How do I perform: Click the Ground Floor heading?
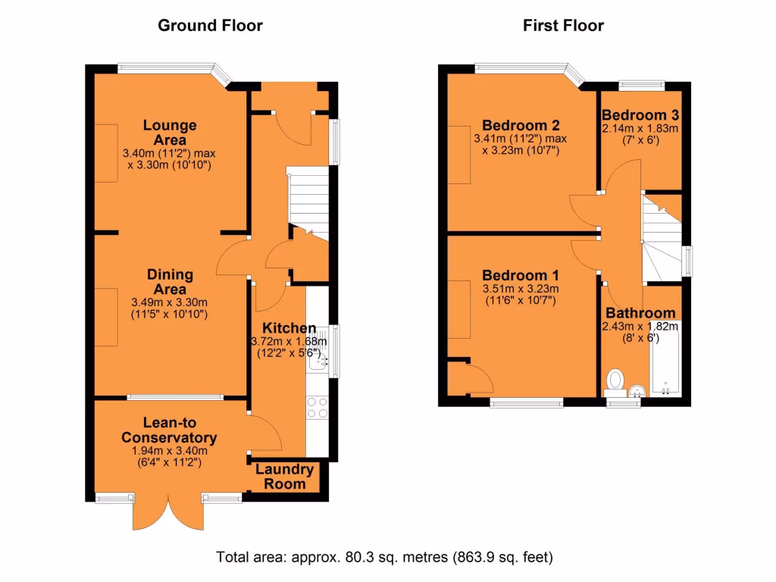(210, 26)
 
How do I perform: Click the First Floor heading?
(563, 26)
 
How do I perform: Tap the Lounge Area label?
(170, 133)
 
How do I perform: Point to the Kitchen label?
(289, 328)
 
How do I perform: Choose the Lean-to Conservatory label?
(169, 430)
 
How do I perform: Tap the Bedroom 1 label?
(521, 275)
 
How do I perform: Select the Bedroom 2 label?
(521, 126)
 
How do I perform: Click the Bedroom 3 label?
(640, 115)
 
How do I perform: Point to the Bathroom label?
(640, 313)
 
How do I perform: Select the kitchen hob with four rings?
(317, 408)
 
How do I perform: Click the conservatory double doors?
(168, 513)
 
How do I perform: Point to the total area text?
(385, 558)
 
